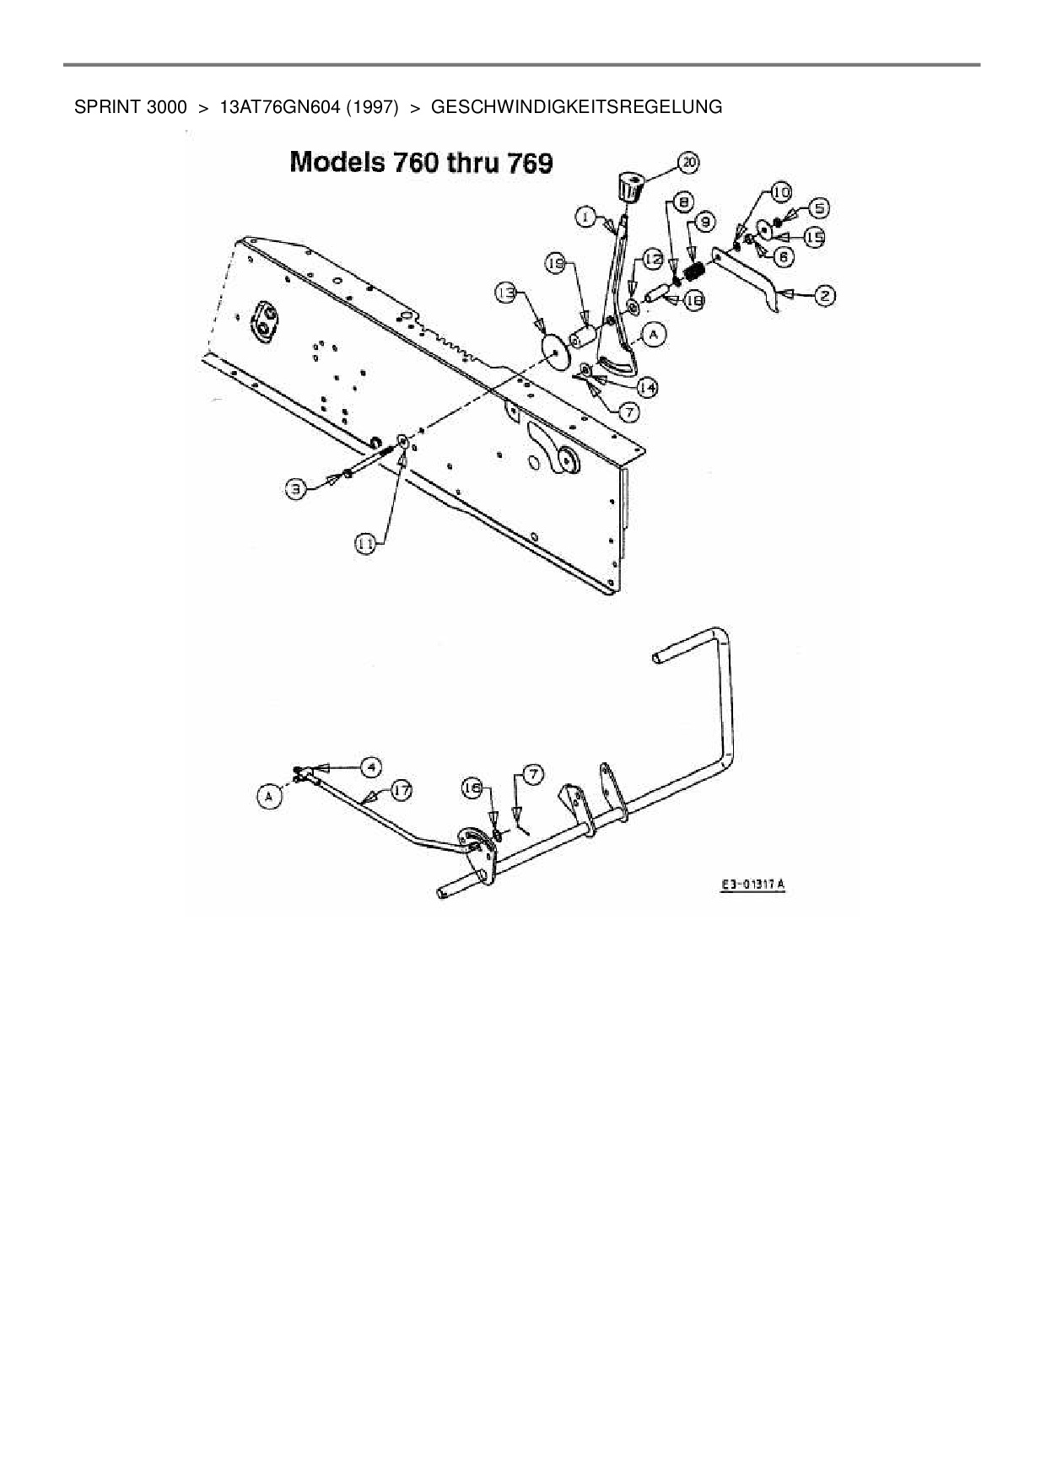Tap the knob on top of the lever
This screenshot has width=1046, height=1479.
point(629,185)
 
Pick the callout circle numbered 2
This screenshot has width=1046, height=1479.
point(824,295)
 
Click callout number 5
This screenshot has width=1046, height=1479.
point(818,207)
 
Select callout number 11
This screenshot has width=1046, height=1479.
point(365,545)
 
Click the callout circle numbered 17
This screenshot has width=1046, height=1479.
point(402,791)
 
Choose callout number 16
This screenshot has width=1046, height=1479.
point(473,787)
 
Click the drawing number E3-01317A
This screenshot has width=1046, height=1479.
point(752,885)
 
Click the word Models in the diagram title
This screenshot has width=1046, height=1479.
point(335,162)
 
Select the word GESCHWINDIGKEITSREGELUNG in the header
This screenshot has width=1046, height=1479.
point(576,107)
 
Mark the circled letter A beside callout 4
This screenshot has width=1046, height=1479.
point(269,795)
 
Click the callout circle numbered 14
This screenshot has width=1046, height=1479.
point(647,387)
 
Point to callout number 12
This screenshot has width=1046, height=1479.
point(654,261)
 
